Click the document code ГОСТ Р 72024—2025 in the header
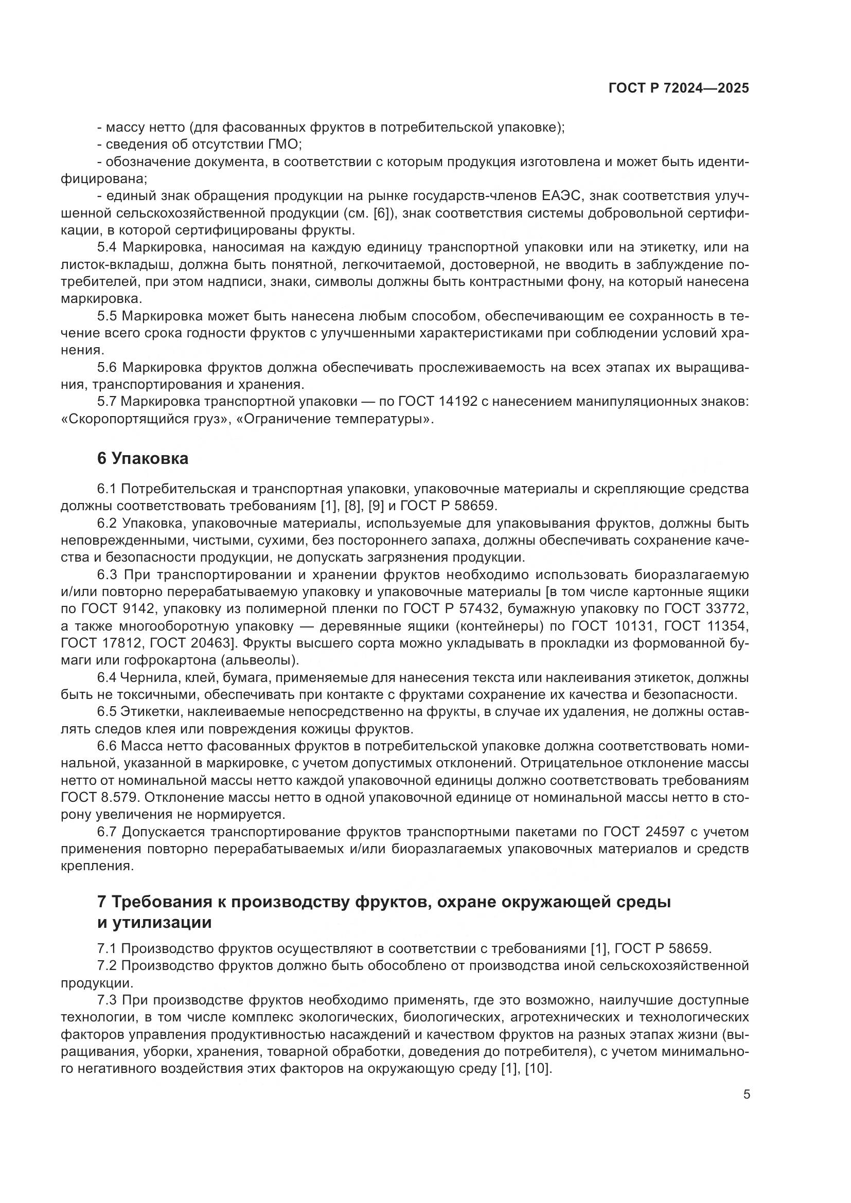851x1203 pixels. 679,88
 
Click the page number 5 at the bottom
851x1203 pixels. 746,1094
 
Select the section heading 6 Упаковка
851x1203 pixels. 143,458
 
